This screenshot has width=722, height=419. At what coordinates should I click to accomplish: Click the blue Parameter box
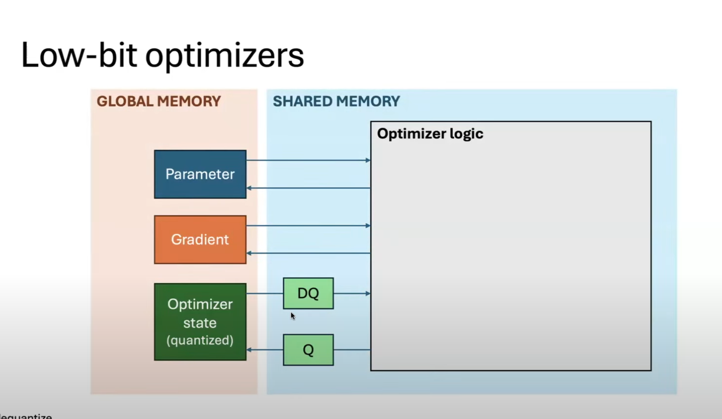tap(200, 174)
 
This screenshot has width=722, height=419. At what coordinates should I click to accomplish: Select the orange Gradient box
tap(200, 239)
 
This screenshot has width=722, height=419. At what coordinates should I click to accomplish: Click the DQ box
tap(308, 293)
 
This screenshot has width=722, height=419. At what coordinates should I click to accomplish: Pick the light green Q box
tap(308, 350)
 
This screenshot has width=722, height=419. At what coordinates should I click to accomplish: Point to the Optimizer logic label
tap(430, 134)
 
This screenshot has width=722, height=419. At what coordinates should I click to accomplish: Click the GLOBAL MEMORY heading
tap(159, 101)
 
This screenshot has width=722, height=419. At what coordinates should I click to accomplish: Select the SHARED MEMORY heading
tap(336, 101)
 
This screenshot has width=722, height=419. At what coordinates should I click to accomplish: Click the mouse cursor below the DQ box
tap(293, 316)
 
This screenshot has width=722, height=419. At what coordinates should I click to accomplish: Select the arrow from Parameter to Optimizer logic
tap(308, 160)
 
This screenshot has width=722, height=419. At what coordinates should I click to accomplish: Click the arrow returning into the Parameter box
tap(308, 188)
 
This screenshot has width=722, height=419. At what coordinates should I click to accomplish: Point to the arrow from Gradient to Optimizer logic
tap(308, 226)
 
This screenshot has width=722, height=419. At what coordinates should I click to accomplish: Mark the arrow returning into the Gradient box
tap(308, 253)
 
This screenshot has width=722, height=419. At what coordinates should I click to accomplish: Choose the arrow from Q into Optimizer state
tap(265, 350)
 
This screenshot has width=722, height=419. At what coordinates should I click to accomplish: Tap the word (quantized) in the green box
tap(200, 340)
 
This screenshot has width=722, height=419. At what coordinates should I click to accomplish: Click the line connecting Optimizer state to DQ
tap(265, 294)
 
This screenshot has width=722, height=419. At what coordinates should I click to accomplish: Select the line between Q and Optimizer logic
tap(352, 350)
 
